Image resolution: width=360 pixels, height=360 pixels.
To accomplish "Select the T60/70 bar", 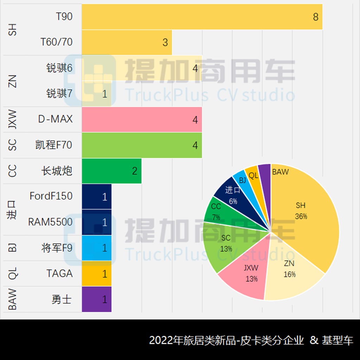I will [x=127, y=42].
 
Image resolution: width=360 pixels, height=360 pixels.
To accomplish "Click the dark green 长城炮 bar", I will [x=111, y=171].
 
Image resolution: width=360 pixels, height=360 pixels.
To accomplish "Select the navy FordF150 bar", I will [x=97, y=197].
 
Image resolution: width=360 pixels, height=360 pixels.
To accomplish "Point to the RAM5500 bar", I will [x=97, y=222].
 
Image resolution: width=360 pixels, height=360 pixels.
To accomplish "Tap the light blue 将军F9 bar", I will [x=97, y=248].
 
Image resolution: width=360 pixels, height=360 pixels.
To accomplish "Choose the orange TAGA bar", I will [x=97, y=274].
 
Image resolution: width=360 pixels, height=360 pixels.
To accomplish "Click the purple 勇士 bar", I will [x=97, y=299].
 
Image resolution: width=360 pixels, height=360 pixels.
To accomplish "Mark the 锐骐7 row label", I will [x=59, y=94].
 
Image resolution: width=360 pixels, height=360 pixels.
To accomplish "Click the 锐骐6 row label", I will [x=59, y=68].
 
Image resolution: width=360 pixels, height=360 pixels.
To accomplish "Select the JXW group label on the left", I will [x=12, y=120].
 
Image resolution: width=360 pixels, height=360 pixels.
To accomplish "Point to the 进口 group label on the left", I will [x=12, y=210].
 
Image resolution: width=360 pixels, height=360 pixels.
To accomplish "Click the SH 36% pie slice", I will [x=306, y=218].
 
